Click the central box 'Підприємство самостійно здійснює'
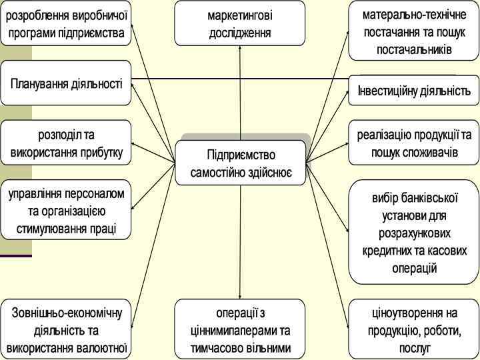(x=241, y=163)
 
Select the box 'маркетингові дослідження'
(x=239, y=23)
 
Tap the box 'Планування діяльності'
(x=66, y=83)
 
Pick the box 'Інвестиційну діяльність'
(x=413, y=90)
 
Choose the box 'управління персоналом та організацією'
(x=66, y=210)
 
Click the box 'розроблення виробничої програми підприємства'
(x=66, y=23)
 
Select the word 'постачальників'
(x=414, y=49)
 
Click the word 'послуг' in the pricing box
(x=415, y=348)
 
